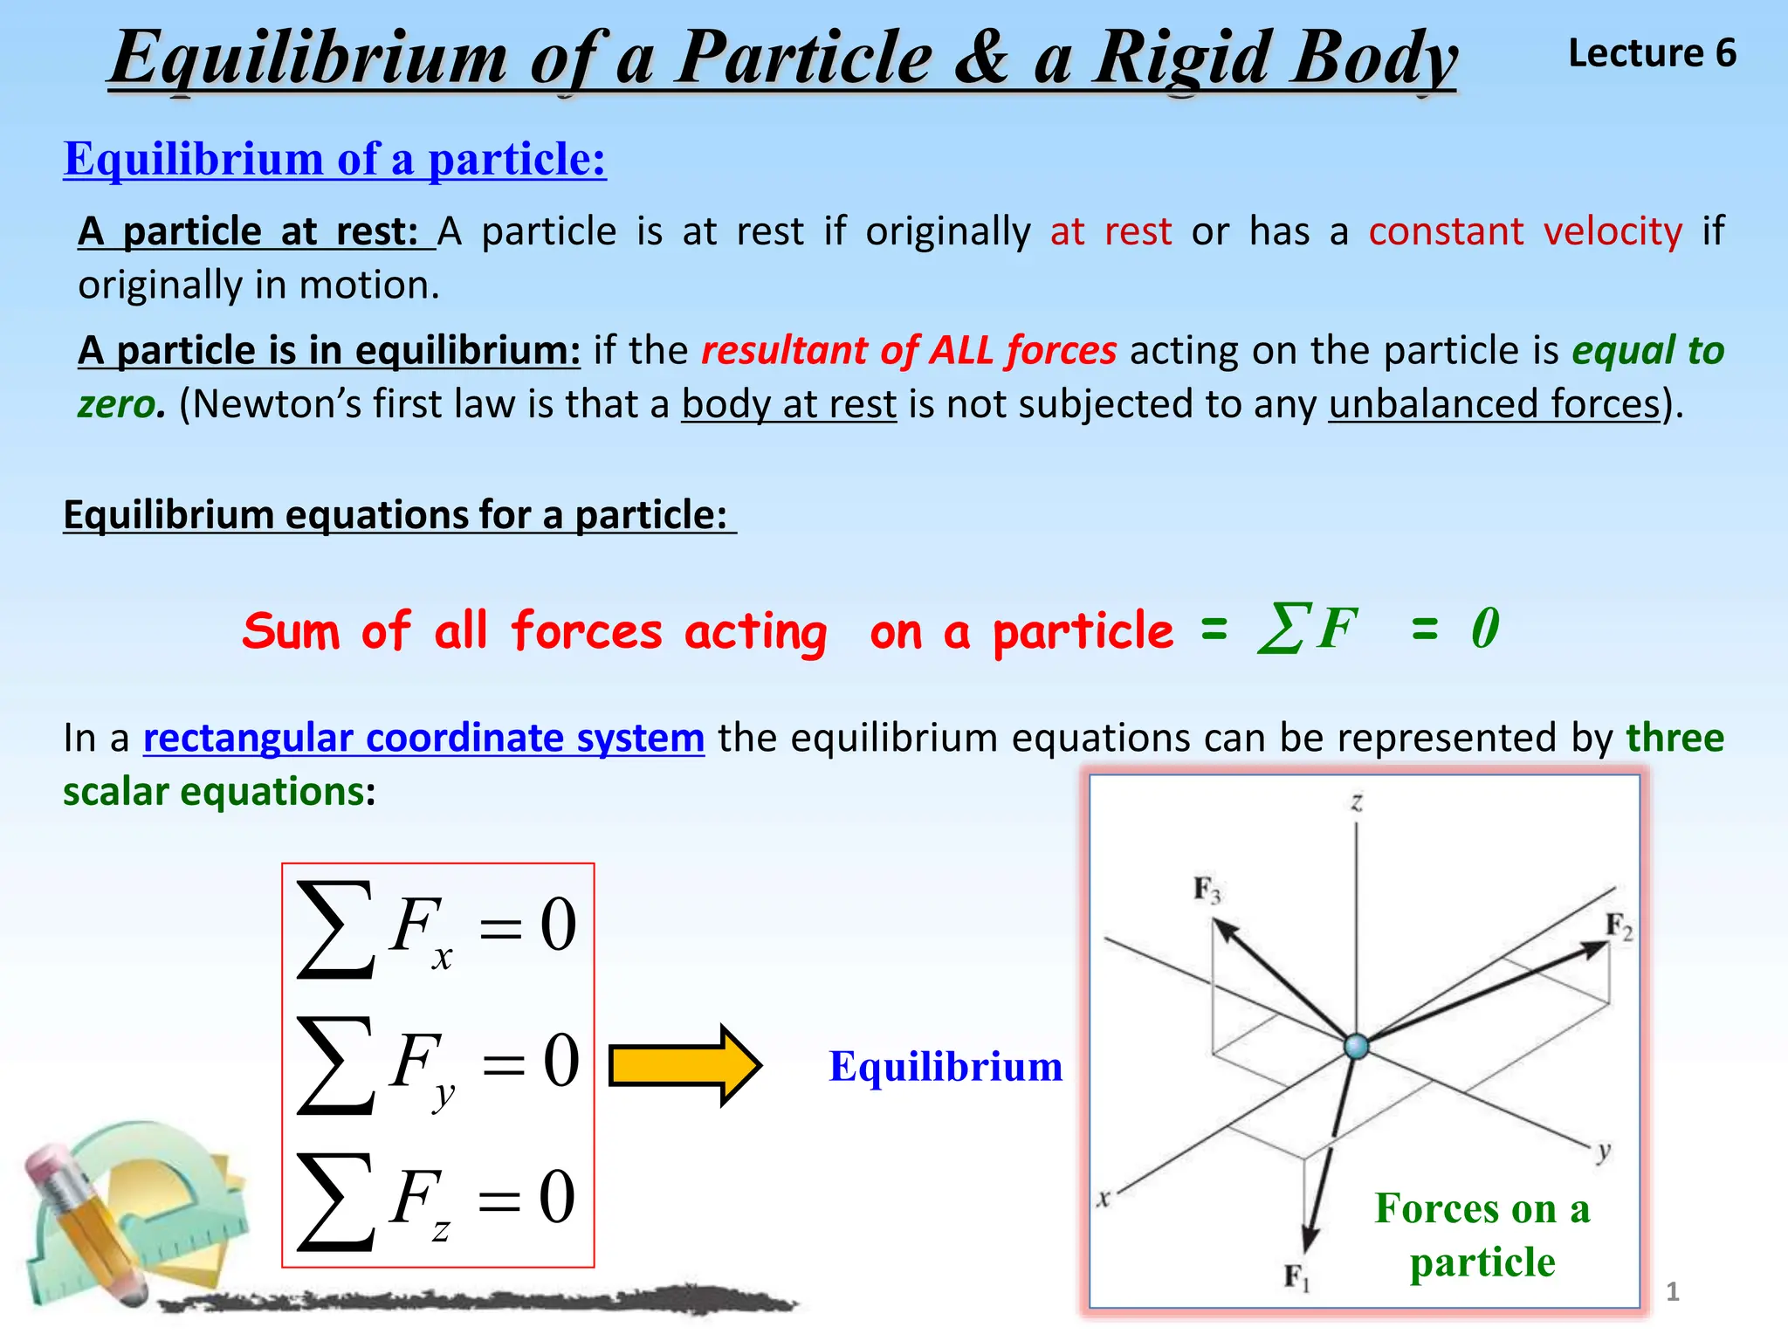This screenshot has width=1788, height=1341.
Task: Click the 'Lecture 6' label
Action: [1652, 53]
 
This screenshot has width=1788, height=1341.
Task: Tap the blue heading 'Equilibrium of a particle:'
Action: [334, 159]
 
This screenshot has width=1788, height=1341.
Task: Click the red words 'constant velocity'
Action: [1524, 231]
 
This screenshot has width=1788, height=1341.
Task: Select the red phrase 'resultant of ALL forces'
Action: [909, 350]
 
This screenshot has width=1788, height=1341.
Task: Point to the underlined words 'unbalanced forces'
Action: [1494, 404]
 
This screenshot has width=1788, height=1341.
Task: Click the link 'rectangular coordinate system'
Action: [423, 738]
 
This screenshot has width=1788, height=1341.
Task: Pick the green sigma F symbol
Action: [1307, 628]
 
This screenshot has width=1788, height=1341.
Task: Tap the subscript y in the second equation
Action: [444, 1095]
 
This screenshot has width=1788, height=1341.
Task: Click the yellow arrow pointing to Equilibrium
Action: [685, 1066]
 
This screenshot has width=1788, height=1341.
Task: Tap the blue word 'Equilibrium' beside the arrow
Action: [946, 1066]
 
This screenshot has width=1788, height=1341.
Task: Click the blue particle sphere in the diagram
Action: [1356, 1045]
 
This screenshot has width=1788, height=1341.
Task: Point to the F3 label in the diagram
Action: [1207, 890]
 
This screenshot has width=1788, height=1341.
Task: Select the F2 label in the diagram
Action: [1619, 926]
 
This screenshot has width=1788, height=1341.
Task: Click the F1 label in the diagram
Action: [1296, 1277]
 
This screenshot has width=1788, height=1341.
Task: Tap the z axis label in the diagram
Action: [1357, 801]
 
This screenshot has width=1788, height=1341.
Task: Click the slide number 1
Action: [1673, 1291]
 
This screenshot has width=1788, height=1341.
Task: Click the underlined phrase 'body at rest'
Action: [789, 404]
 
